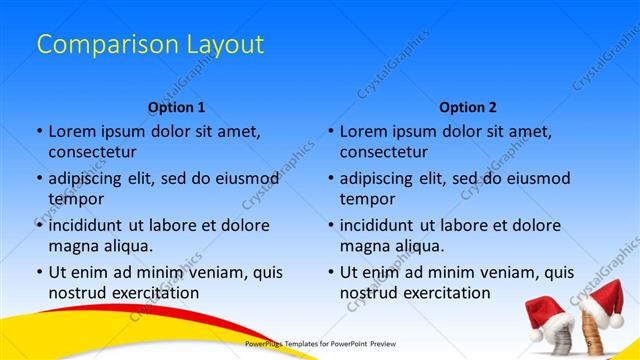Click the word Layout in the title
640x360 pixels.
click(224, 45)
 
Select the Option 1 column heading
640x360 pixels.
click(176, 106)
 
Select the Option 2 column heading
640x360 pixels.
click(467, 106)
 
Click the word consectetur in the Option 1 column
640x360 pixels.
click(92, 152)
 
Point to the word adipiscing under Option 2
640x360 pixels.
click(381, 178)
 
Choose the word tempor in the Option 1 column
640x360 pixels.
click(74, 199)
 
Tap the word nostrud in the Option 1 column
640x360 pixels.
click(77, 293)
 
